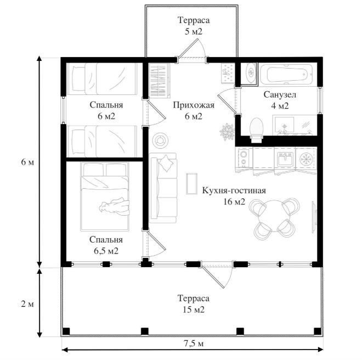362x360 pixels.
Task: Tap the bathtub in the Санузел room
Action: [286, 74]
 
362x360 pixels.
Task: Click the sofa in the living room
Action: [163, 188]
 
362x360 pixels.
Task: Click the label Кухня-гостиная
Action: [234, 191]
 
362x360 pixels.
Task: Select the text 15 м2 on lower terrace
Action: [194, 310]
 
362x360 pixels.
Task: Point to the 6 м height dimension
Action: [24, 162]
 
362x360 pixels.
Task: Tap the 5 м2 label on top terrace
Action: [194, 31]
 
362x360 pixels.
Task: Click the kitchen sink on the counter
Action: [285, 159]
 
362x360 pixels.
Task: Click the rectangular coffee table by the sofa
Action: [192, 183]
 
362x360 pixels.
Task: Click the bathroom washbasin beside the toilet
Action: [287, 125]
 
